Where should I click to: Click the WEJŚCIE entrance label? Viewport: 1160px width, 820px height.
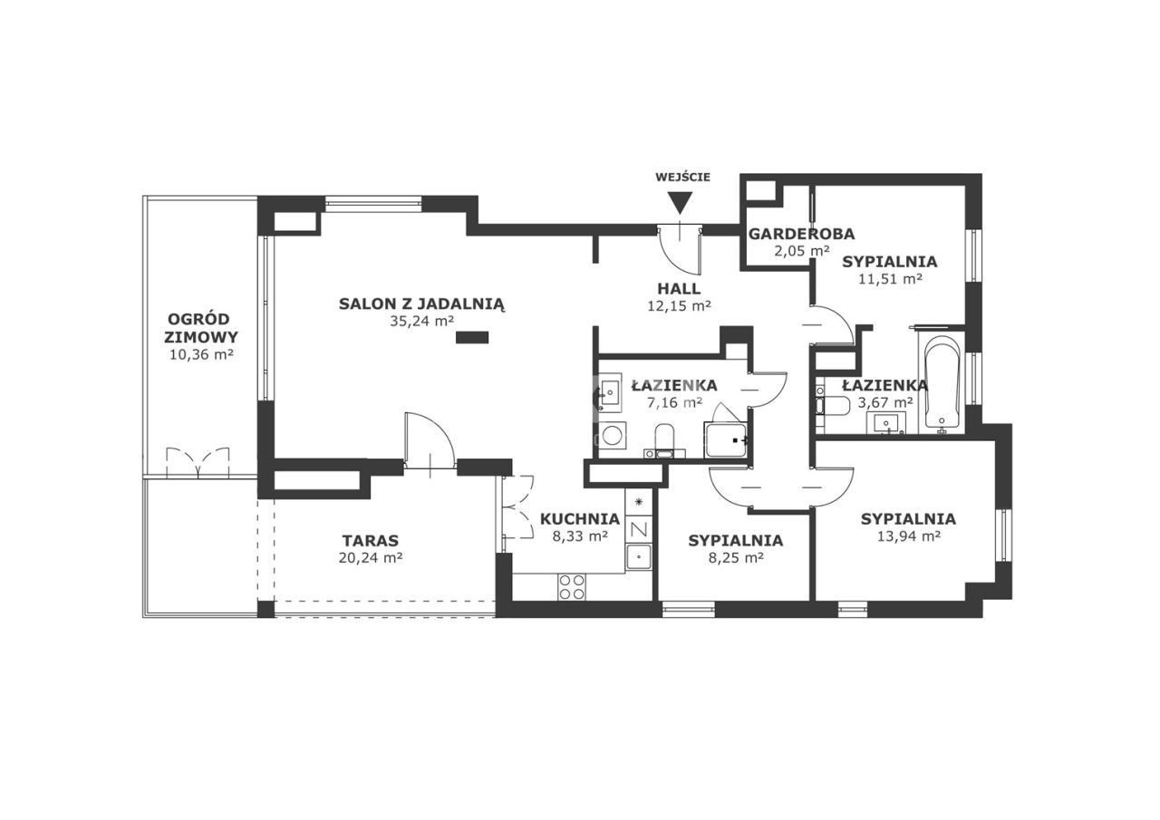[682, 177]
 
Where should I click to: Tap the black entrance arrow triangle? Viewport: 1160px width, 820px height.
[680, 203]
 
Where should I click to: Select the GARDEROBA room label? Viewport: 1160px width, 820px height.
[802, 234]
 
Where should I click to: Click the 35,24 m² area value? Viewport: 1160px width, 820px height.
[422, 321]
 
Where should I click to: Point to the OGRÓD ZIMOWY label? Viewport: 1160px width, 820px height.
[201, 328]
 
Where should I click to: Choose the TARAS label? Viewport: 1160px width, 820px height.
[371, 541]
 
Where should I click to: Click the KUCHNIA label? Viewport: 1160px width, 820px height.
[580, 518]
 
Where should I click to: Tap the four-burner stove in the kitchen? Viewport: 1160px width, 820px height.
[572, 586]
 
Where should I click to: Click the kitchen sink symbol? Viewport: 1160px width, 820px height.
[639, 556]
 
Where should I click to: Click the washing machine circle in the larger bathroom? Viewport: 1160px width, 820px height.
[613, 435]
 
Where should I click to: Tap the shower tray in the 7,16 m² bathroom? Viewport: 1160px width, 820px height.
[726, 440]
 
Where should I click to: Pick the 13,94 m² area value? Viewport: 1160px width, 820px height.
[909, 536]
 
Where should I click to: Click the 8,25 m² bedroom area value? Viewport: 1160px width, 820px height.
[736, 558]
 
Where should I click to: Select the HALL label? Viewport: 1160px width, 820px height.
[679, 289]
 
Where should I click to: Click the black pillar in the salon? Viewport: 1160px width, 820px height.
[472, 338]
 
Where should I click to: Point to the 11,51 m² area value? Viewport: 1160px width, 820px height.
[890, 279]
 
